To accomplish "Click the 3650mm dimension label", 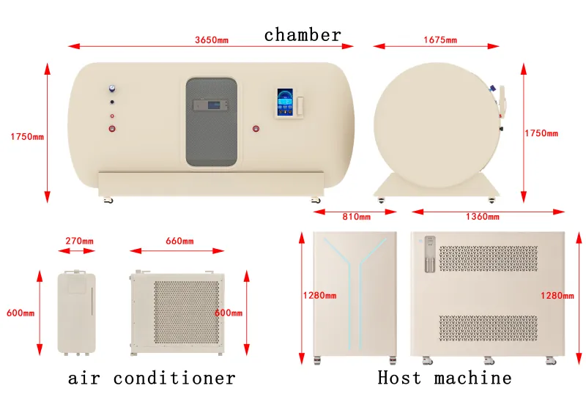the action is coord(212,40).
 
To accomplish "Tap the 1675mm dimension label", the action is coord(440,40).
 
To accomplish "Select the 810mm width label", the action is coord(357,217).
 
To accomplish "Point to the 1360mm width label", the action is coord(483,217).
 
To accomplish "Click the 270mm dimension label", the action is coord(80,241).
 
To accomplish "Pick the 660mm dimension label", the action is coord(179,241).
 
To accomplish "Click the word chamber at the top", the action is coord(303,35).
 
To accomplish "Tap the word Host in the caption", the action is coord(399,378).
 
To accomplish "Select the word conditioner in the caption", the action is coord(174,378).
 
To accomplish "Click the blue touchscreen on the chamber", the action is coord(285,102).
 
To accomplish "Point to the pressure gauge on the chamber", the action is coord(112,89).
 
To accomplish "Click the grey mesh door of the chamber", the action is coord(212,122).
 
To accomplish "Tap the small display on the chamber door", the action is coord(210,105).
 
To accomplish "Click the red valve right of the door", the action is coord(256,129).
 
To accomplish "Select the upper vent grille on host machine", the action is coord(489,258).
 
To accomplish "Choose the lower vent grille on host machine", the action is coord(489,328).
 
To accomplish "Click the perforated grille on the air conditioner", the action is coord(187,312).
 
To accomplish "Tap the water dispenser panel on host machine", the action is coord(430,254).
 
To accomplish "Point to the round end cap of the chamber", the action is coord(437,125).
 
